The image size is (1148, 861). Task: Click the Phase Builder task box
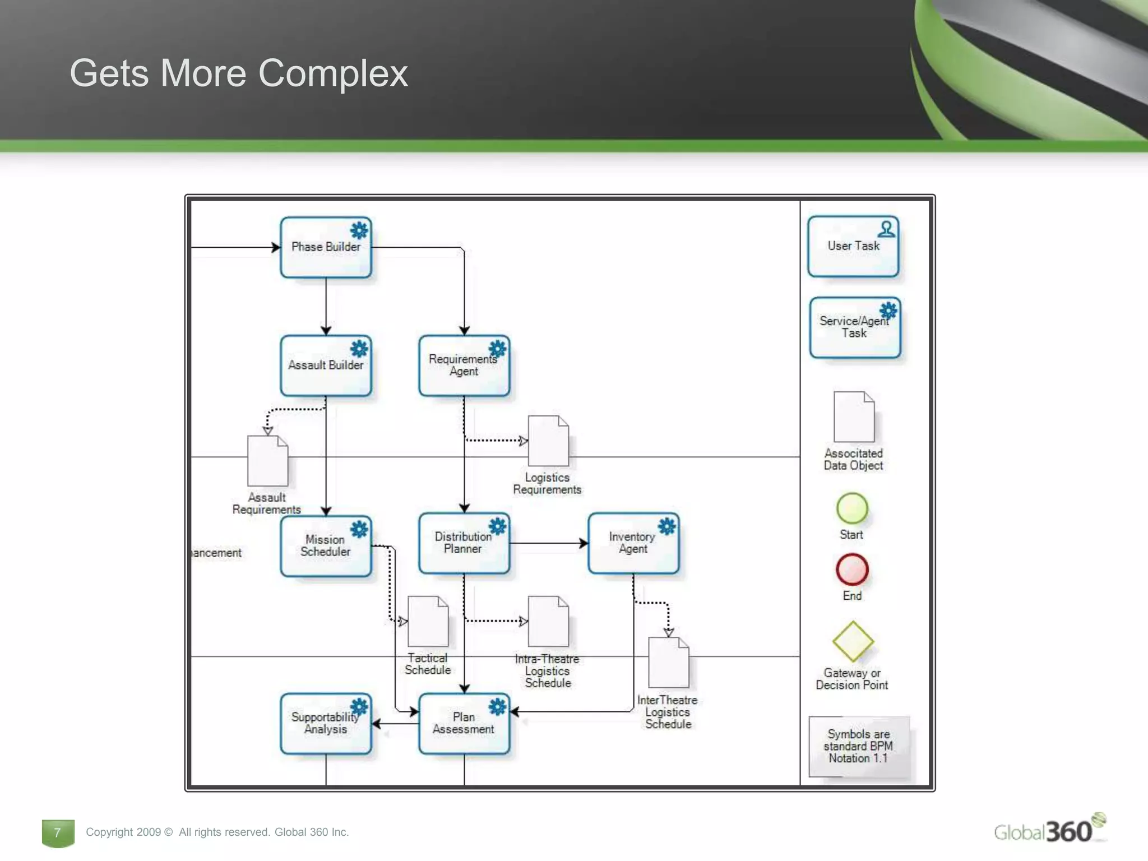pos(326,247)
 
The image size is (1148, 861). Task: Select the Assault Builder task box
pos(326,365)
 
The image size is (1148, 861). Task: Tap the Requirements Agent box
pos(464,365)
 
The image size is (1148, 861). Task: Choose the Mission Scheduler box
pos(326,545)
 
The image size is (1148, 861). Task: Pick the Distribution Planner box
pos(464,543)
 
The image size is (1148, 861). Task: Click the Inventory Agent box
pos(633,543)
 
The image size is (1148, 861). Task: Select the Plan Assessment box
pos(464,723)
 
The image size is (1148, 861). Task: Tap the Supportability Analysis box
pos(326,723)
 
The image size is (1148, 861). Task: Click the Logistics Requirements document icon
pos(548,441)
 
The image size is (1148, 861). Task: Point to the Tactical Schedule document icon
pos(428,621)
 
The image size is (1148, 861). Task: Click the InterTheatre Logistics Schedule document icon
pos(668,663)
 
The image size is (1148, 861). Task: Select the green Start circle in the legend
pos(852,508)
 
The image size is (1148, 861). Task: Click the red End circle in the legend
pos(852,569)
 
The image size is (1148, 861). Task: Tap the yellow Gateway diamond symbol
pos(853,641)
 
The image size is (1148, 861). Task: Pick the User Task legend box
pos(853,246)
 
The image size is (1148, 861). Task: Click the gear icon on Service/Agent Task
pos(888,310)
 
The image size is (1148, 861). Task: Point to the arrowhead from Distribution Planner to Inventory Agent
pos(584,543)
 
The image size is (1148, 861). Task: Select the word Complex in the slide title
pos(333,73)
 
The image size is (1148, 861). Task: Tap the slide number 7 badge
pos(58,832)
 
